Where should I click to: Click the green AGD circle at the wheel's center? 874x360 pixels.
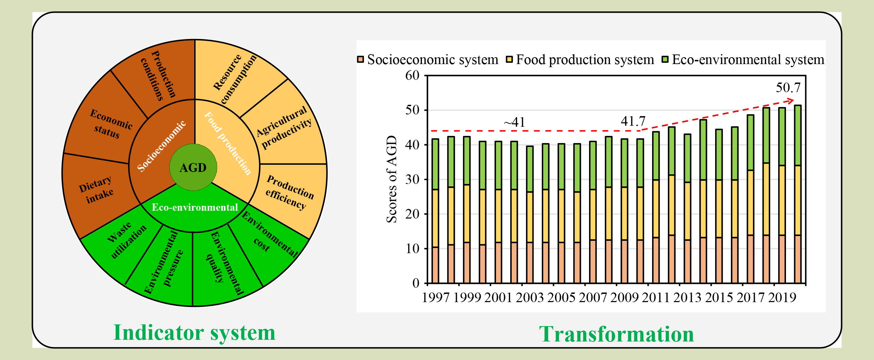pyautogui.click(x=193, y=167)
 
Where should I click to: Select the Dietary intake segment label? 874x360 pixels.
pyautogui.click(x=96, y=189)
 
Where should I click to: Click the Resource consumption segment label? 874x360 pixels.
pyautogui.click(x=234, y=79)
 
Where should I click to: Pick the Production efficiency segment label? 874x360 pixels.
pyautogui.click(x=290, y=192)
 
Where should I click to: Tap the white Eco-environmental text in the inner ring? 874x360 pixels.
pyautogui.click(x=195, y=207)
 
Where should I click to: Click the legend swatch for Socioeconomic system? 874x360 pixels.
pyautogui.click(x=360, y=59)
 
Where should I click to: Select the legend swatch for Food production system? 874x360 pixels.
pyautogui.click(x=509, y=59)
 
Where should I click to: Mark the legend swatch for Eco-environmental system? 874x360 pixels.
pyautogui.click(x=665, y=59)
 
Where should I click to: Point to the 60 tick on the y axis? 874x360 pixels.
pyautogui.click(x=412, y=75)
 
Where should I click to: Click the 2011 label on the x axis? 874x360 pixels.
pyautogui.click(x=655, y=297)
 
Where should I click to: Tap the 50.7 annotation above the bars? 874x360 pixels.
pyautogui.click(x=788, y=88)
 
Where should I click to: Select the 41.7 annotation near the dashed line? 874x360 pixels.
pyautogui.click(x=633, y=121)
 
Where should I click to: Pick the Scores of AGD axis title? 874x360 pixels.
pyautogui.click(x=391, y=179)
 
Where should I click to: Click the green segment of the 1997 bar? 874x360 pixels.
pyautogui.click(x=435, y=164)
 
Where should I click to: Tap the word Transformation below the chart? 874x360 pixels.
pyautogui.click(x=616, y=334)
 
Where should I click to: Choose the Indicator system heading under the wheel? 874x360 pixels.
pyautogui.click(x=194, y=332)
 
